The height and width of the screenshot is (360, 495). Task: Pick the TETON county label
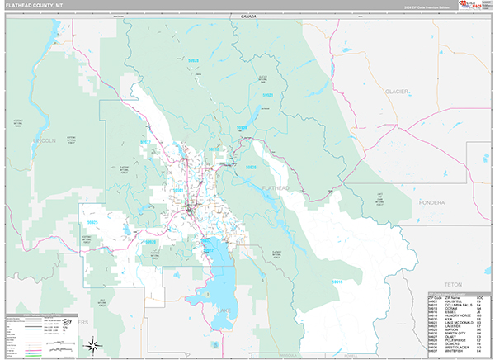coord(453,283)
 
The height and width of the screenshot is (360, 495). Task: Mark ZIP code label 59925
coord(92,222)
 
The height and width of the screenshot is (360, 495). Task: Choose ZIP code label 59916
coord(336,281)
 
